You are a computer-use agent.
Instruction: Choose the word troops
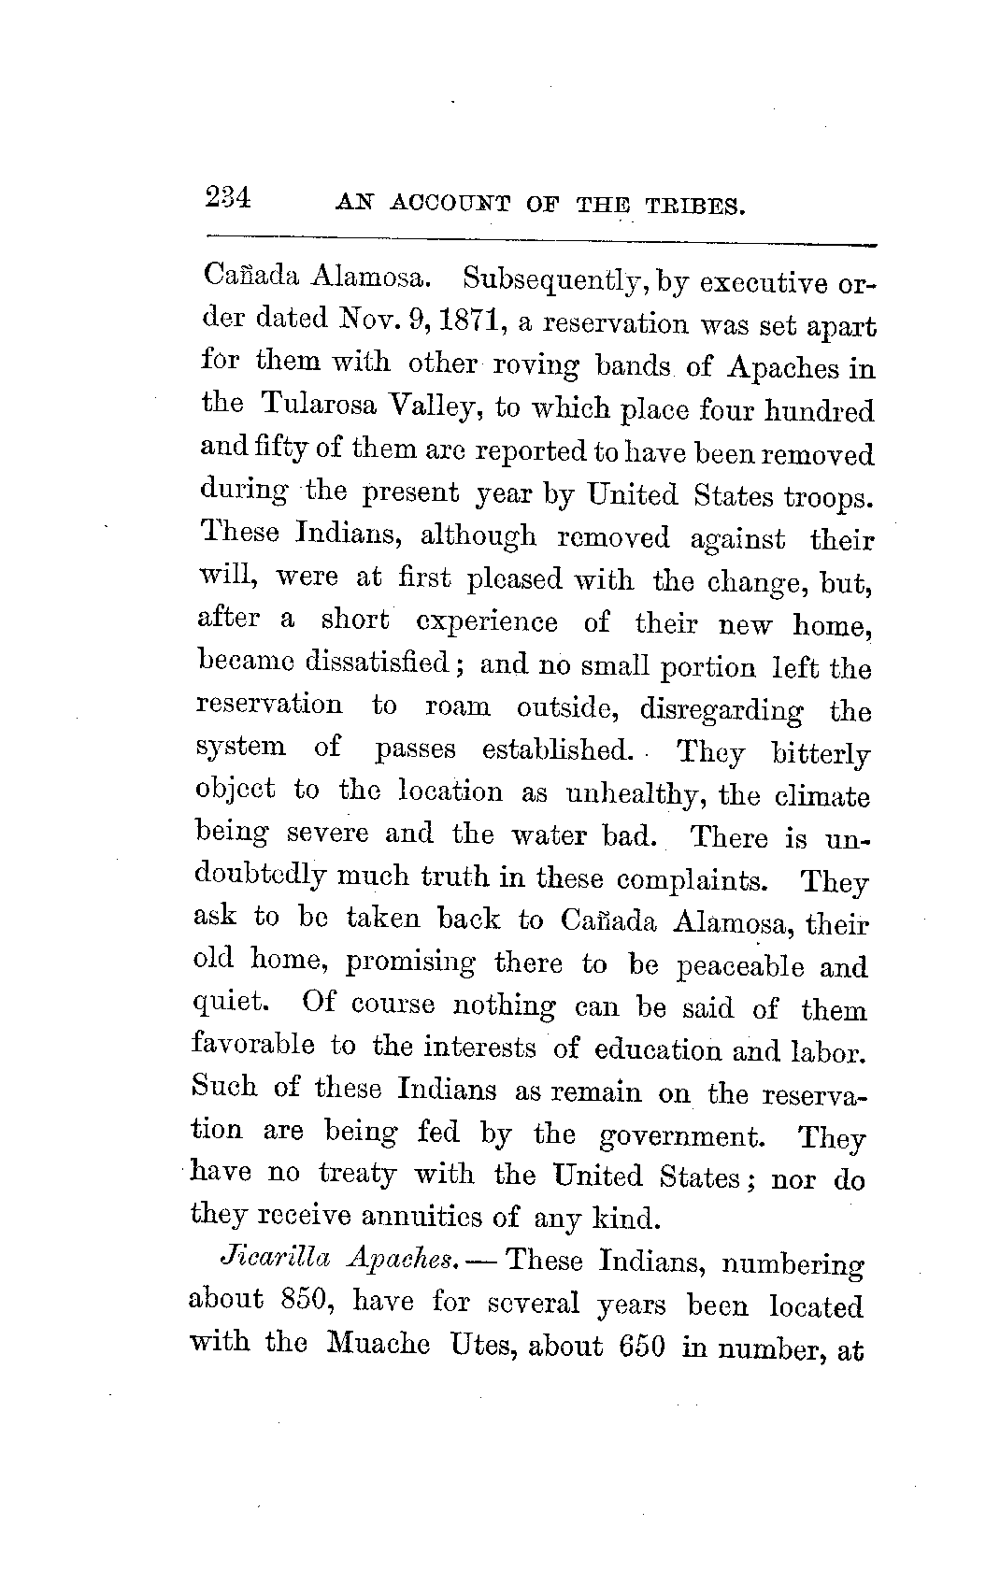pyautogui.click(x=828, y=497)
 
